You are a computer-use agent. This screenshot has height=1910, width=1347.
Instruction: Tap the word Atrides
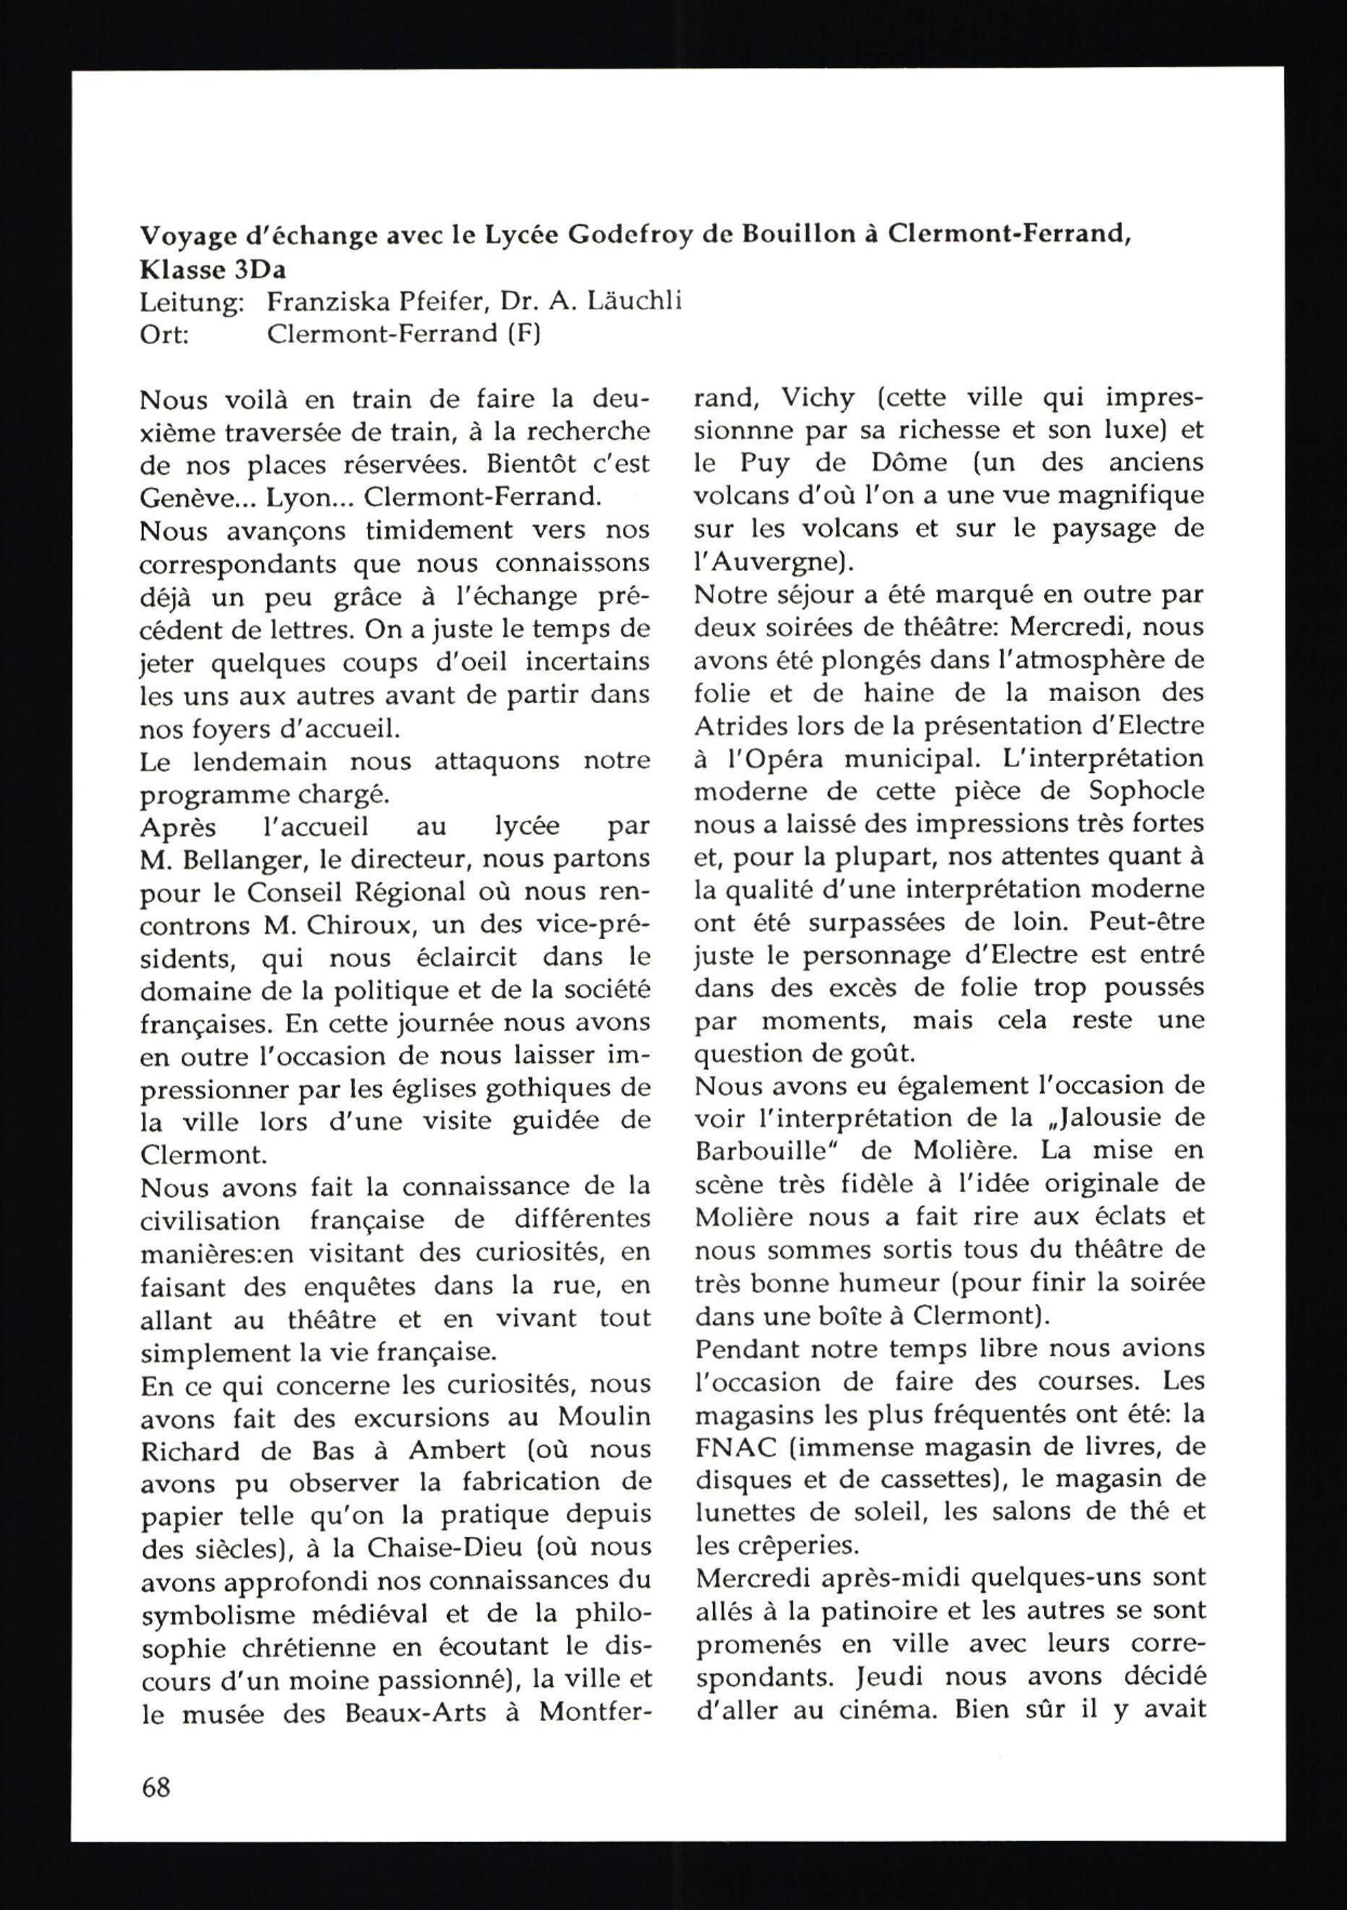click(x=735, y=726)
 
